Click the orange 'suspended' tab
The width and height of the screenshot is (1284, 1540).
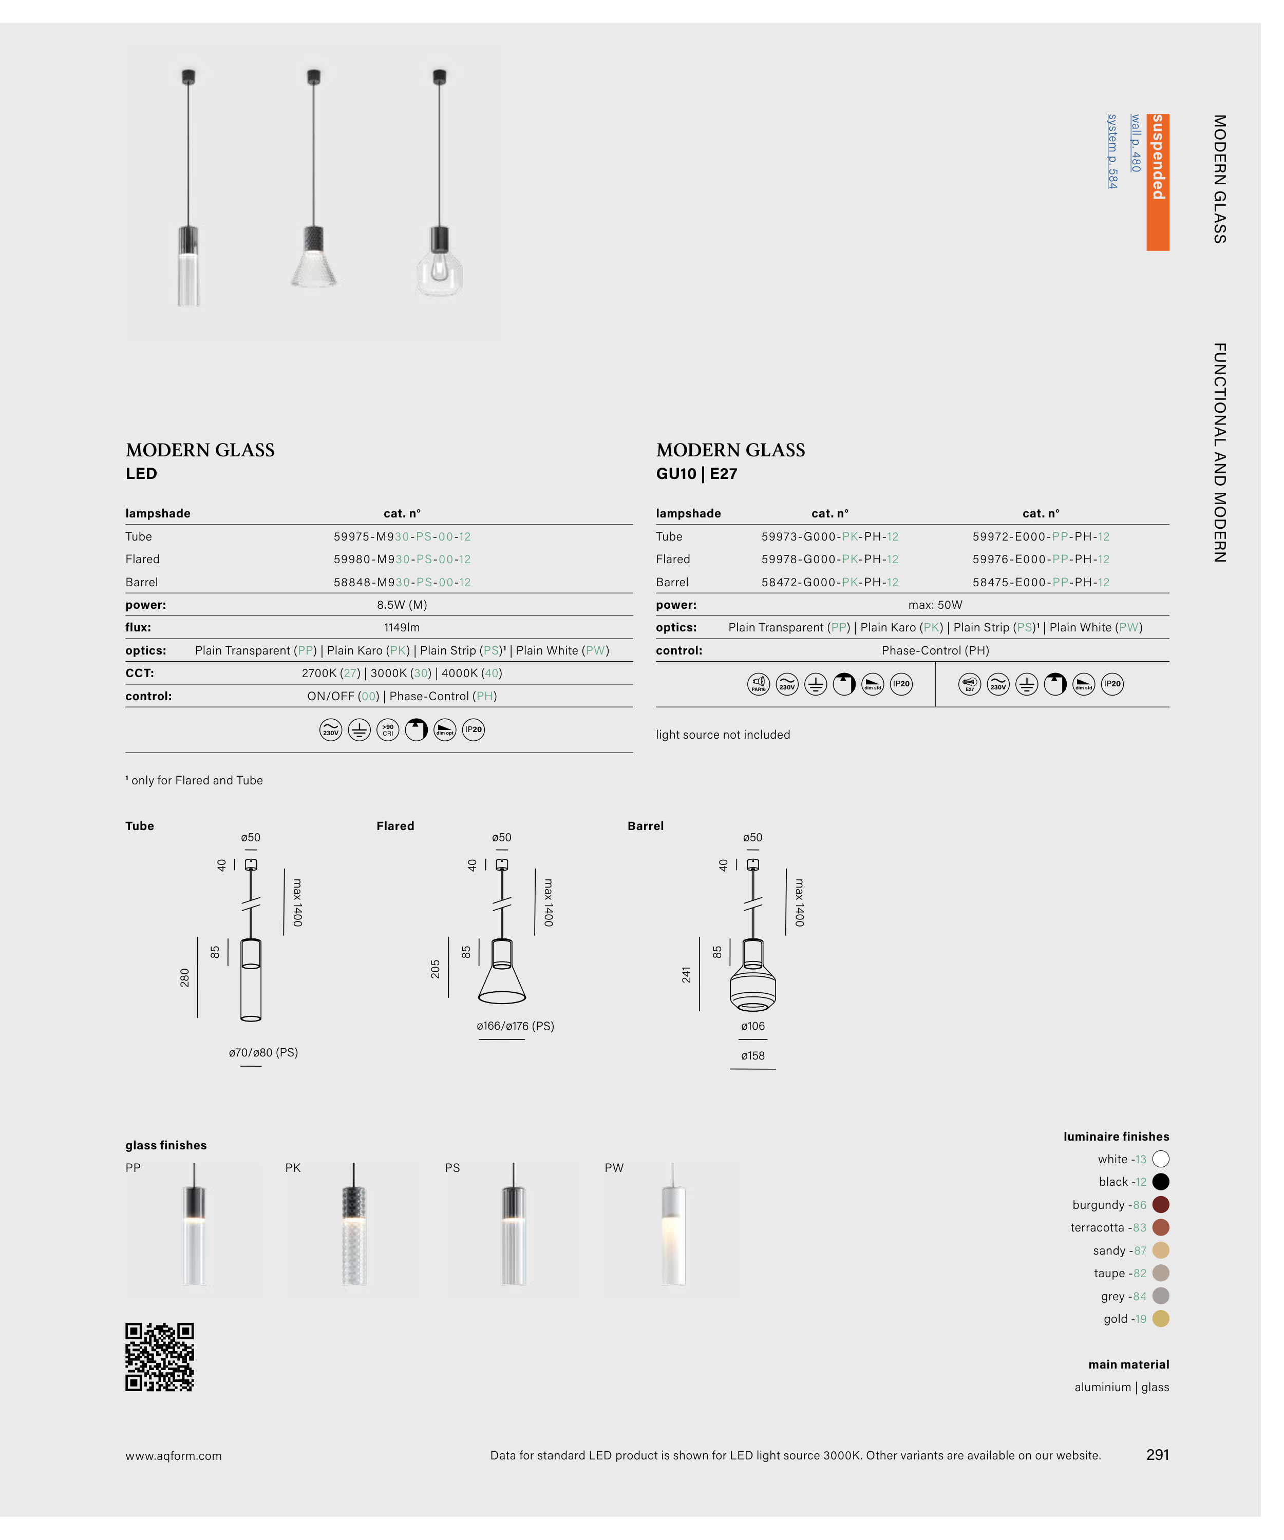[1157, 182]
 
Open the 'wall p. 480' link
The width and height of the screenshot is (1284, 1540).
[1135, 143]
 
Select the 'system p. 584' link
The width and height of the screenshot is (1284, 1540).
[1112, 151]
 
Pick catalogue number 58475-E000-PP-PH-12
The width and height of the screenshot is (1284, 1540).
[1041, 582]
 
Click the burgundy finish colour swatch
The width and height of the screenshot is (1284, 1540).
[1161, 1205]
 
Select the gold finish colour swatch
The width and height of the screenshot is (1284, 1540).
[1161, 1319]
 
